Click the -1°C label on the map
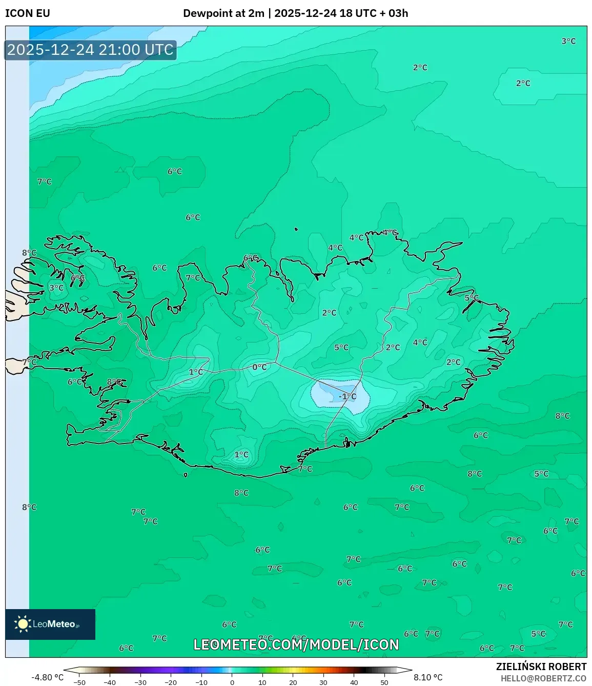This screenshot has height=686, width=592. (347, 396)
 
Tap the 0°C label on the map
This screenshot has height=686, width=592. (259, 367)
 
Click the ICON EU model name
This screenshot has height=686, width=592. (28, 13)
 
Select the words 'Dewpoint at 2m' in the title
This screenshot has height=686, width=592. (223, 13)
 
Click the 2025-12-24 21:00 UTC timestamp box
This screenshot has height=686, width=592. (90, 50)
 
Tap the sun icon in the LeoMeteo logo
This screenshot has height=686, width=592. (23, 624)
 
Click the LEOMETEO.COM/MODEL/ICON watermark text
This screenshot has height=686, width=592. (296, 644)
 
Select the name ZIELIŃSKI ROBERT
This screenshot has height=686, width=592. (541, 667)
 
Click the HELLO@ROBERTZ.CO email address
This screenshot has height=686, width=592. (543, 678)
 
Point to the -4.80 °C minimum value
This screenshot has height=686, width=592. (48, 677)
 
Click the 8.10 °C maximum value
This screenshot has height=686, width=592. (428, 677)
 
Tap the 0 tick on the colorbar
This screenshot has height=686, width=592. (232, 682)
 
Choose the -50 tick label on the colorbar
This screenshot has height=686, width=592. (79, 682)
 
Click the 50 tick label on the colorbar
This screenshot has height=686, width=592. (384, 682)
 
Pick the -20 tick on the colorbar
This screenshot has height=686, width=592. (171, 682)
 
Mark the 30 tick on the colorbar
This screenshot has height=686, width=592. (323, 682)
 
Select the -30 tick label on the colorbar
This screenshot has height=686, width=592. (140, 682)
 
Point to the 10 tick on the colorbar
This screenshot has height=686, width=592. (262, 682)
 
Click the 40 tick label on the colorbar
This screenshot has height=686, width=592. (354, 682)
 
